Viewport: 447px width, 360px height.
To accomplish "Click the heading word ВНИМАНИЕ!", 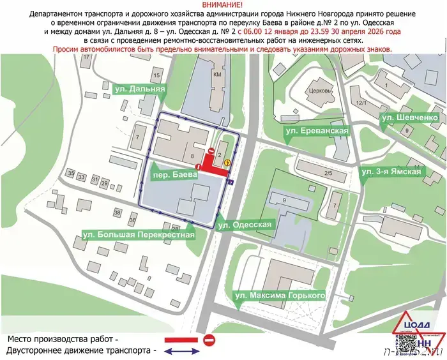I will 223,4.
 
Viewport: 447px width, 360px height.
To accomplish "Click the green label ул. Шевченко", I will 409,118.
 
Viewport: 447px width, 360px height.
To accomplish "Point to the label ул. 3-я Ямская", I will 391,172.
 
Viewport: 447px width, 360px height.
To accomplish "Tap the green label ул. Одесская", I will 245,225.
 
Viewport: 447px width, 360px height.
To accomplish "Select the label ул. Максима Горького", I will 280,296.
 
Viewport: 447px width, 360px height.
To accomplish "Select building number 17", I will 86,57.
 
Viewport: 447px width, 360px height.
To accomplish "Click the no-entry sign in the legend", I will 210,340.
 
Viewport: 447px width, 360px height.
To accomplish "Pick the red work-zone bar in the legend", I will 180,340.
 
